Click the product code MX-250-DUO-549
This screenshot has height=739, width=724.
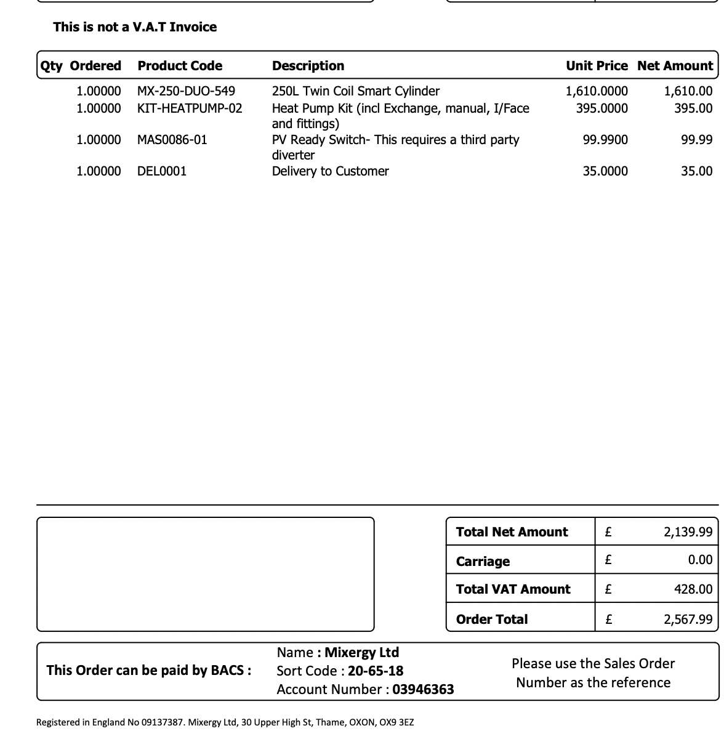coord(186,92)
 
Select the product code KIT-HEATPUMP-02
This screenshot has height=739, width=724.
coord(190,109)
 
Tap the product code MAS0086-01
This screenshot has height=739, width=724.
coord(172,140)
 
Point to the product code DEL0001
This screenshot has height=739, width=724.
coord(162,172)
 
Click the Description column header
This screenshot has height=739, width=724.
coord(308,66)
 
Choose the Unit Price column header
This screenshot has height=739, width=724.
coord(597,66)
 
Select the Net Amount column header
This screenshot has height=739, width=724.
coord(675,66)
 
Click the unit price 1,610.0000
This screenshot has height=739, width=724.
coord(597,92)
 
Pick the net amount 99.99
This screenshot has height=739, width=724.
coord(696,140)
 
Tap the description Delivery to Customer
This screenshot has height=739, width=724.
coord(330,172)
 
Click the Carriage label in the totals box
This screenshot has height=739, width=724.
coord(483,562)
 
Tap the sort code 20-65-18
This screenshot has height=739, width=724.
coord(376,671)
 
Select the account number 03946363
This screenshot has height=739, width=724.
coord(423,690)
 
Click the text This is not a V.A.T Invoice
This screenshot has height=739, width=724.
coord(135,27)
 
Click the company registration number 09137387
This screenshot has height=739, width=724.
coord(163,722)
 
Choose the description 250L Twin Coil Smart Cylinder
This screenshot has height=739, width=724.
coord(356,92)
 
